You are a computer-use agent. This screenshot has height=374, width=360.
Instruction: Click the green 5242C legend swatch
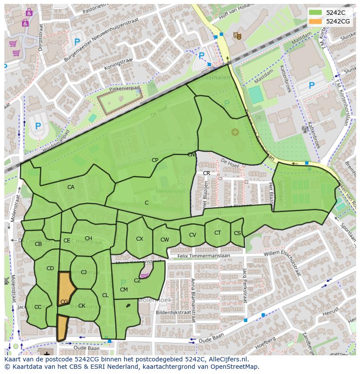coord(316,13)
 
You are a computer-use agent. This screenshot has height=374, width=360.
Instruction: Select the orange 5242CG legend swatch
coord(316,21)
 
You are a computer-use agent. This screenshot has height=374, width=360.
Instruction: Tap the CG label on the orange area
coord(64,302)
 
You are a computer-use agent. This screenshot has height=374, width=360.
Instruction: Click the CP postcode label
coord(155,160)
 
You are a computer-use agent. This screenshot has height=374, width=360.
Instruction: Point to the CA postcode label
coord(71,187)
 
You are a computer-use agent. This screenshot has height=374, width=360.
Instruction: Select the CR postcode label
coord(207,173)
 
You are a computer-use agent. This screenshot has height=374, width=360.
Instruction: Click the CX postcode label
coord(140,239)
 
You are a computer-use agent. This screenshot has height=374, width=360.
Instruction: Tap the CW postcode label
coord(165,240)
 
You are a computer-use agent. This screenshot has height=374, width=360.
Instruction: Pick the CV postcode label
coord(193,235)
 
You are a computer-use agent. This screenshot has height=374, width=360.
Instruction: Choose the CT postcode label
coord(217,233)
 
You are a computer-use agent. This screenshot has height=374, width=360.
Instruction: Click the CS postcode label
coord(237,233)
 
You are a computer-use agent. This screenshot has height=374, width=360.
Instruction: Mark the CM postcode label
coord(124,290)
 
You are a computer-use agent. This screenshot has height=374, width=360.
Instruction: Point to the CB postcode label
coord(38,244)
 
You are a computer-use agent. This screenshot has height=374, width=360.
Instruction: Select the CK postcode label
coord(82,306)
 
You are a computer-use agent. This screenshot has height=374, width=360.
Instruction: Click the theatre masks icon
coord(237,35)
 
